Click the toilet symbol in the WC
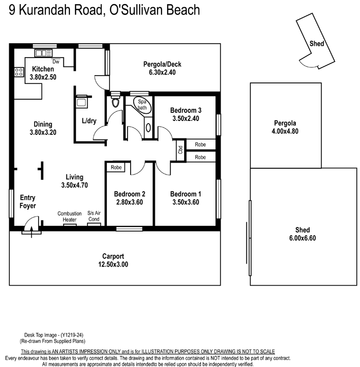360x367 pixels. [x=115, y=100]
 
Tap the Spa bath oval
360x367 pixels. [x=142, y=104]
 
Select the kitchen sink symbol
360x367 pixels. [x=44, y=53]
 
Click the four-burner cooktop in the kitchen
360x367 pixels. [x=19, y=72]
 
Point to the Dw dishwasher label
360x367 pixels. [x=56, y=61]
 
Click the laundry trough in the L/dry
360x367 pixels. [x=81, y=102]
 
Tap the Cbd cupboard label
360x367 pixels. [x=181, y=150]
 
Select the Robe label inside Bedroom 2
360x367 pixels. [x=116, y=167]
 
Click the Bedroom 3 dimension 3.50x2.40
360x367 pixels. [x=186, y=118]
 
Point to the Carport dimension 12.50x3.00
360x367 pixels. [x=113, y=264]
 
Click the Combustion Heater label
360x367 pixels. [x=69, y=217]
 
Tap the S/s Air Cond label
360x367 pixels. [x=94, y=216]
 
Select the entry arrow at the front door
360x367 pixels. [x=31, y=232]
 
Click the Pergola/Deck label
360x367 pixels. [x=163, y=64]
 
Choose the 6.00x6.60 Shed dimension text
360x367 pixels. [x=302, y=238]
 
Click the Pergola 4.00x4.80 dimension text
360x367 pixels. [x=285, y=131]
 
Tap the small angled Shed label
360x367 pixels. [x=317, y=44]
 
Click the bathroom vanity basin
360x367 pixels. [x=148, y=128]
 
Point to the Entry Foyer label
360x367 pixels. [x=28, y=202]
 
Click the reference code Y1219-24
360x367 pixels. [x=72, y=335]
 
